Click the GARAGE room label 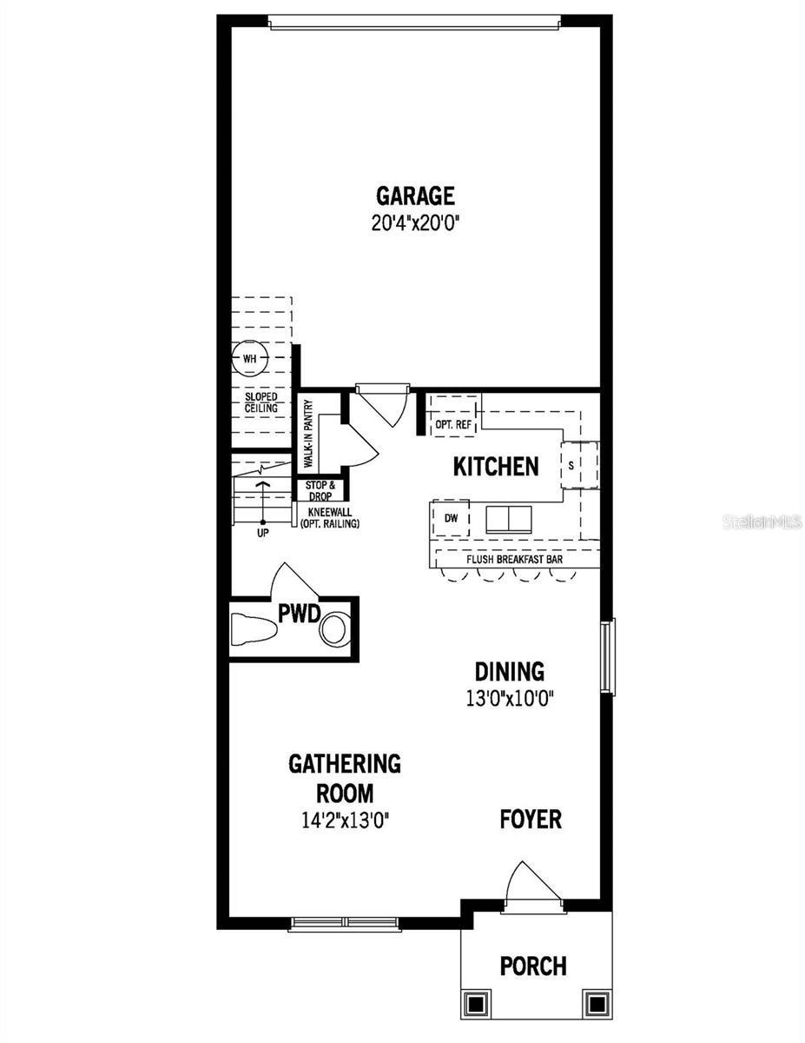tap(415, 196)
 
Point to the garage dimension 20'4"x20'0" tap(415, 223)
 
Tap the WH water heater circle tap(249, 358)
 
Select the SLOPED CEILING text tap(261, 402)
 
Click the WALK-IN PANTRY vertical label tap(308, 434)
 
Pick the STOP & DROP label tap(320, 491)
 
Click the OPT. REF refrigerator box tap(453, 415)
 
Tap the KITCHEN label tap(496, 467)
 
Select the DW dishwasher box tap(451, 518)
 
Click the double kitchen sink tap(509, 520)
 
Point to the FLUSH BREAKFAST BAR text tap(514, 559)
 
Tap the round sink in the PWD tap(334, 630)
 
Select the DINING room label tap(509, 672)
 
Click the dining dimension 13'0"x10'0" tap(510, 699)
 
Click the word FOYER tap(531, 820)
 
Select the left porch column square tap(476, 1003)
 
